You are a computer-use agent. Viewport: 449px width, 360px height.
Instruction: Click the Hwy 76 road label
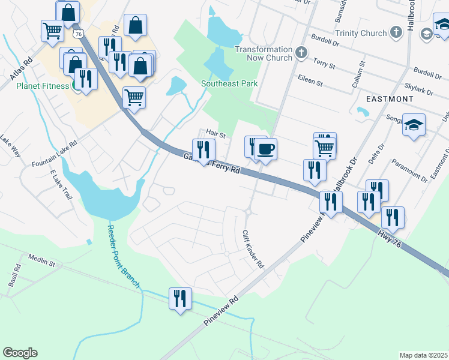pos(394,238)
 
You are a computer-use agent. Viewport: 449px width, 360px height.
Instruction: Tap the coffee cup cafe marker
pos(265,149)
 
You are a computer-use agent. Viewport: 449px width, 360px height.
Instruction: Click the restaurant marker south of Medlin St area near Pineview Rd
pos(180,298)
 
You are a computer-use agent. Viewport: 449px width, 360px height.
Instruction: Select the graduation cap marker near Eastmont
pos(414,125)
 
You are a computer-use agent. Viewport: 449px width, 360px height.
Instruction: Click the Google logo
pos(20,353)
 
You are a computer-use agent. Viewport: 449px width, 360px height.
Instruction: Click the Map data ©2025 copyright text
pos(423,355)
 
